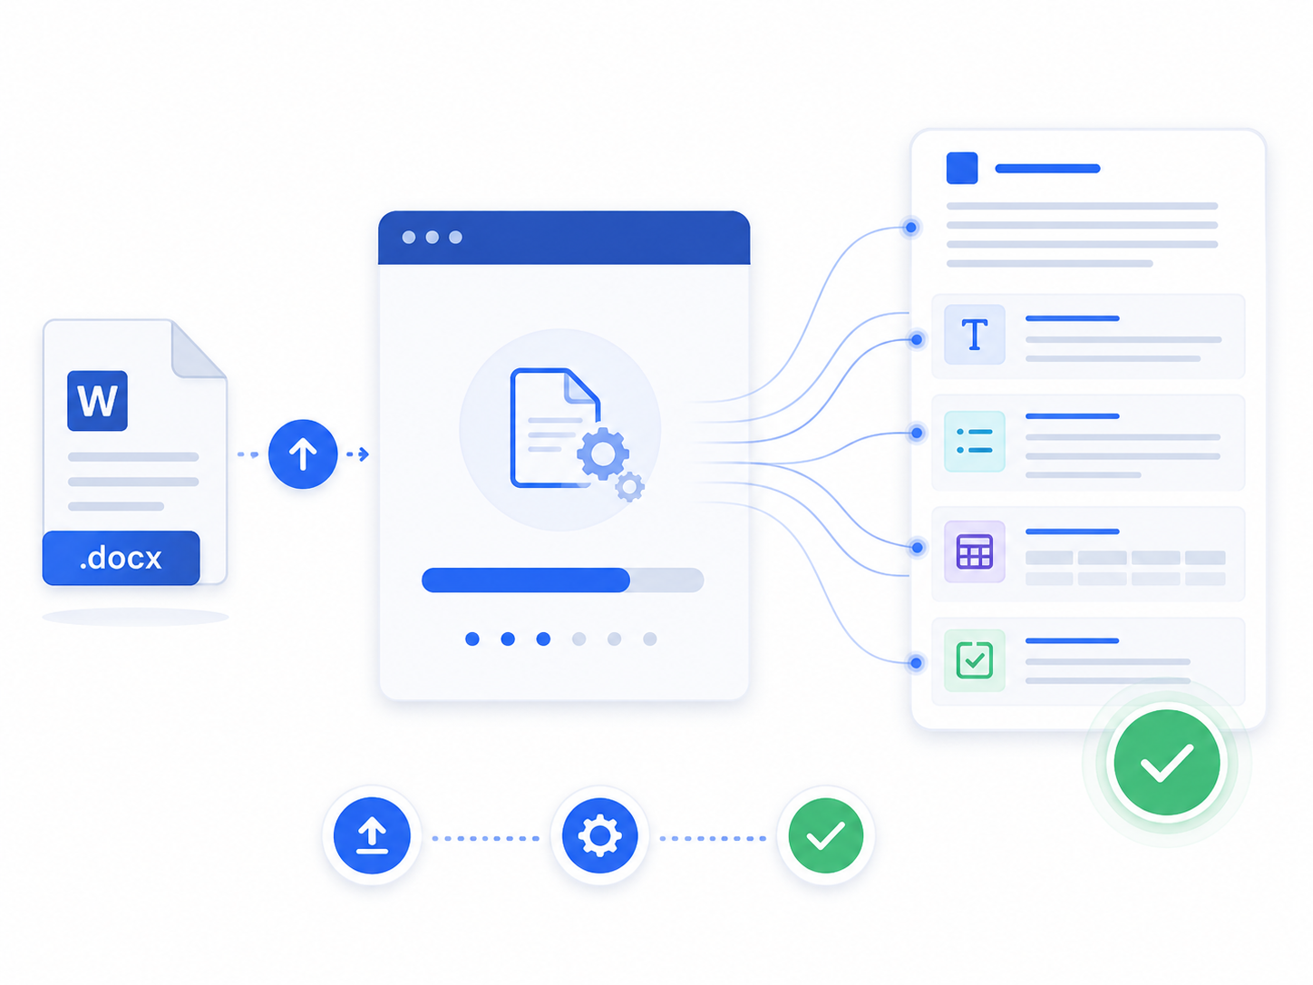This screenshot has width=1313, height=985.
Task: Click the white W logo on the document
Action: (97, 401)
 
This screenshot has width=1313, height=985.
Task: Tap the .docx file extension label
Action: (121, 558)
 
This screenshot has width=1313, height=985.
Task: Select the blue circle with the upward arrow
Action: (303, 453)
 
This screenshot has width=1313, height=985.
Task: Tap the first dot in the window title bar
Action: (409, 238)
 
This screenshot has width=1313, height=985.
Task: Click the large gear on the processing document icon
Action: (603, 453)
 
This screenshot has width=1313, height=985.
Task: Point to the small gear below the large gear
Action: (630, 487)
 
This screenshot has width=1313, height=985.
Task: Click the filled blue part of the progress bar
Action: (526, 580)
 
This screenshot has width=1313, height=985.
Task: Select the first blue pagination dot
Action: (472, 639)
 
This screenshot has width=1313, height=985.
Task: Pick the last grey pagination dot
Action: (649, 639)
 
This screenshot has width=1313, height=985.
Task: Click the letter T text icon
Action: (975, 335)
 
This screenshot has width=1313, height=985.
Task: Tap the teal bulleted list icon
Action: (975, 441)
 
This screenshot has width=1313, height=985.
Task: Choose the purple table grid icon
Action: (975, 551)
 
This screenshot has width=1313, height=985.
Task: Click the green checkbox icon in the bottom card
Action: (975, 660)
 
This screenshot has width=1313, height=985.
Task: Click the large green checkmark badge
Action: (1166, 763)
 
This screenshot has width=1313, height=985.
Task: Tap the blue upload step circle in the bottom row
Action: (372, 835)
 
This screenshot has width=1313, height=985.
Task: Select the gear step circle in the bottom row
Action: (600, 835)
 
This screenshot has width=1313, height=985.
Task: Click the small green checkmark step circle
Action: (825, 835)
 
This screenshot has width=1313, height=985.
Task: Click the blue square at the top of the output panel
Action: (962, 168)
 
